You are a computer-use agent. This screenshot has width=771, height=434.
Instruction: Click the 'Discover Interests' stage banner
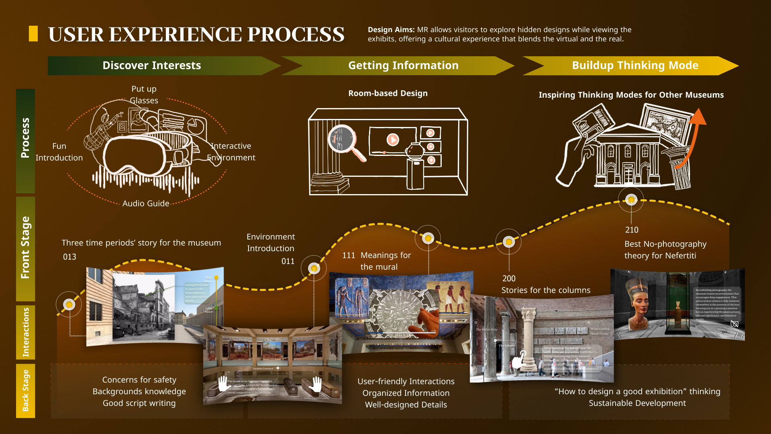tap(152, 66)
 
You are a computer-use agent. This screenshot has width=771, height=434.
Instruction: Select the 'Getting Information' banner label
tap(403, 66)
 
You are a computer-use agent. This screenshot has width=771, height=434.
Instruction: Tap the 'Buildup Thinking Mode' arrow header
tap(635, 66)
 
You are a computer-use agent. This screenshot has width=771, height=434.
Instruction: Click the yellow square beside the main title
tap(33, 34)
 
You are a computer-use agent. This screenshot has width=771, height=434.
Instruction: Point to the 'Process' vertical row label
tap(25, 138)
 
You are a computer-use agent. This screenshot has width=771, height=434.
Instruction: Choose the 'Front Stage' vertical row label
tap(25, 248)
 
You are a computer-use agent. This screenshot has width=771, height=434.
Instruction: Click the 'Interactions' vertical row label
tap(25, 332)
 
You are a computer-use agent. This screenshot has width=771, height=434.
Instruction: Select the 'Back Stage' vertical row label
tap(25, 390)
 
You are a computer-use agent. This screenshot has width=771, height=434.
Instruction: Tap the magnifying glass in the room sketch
tap(343, 140)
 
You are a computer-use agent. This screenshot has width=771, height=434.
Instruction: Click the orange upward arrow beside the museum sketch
tap(694, 133)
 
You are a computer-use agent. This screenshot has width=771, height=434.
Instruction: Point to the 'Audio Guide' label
tap(146, 203)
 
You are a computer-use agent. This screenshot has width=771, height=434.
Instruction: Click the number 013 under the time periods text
tap(69, 257)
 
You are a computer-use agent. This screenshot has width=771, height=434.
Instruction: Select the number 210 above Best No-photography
tap(632, 230)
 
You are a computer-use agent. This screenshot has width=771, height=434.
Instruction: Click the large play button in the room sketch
tap(392, 139)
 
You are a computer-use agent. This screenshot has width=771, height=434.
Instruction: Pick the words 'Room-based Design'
tap(388, 93)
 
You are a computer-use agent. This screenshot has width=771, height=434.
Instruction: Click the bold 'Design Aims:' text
tap(391, 30)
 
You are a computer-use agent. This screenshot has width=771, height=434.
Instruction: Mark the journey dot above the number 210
tap(631, 200)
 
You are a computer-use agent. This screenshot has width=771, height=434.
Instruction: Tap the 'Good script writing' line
tap(139, 403)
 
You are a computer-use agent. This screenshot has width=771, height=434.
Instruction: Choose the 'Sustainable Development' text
tap(637, 403)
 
